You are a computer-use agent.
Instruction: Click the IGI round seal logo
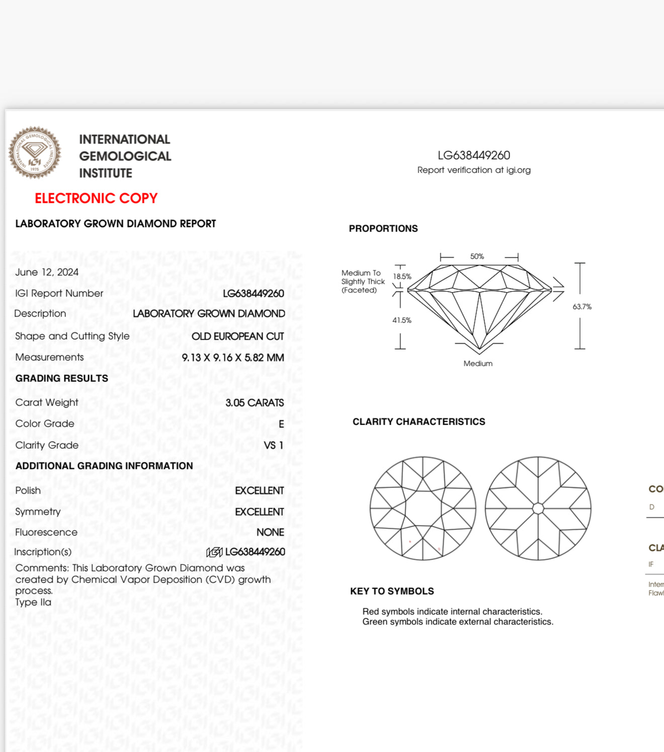35,152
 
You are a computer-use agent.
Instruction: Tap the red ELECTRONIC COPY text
96,198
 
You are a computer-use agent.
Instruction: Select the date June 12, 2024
47,272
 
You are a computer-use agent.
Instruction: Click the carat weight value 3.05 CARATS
255,403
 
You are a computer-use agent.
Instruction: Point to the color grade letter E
281,424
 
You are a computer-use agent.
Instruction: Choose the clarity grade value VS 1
274,446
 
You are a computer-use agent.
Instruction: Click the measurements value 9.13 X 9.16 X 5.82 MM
233,358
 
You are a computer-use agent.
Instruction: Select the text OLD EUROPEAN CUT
237,337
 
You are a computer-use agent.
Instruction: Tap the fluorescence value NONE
270,532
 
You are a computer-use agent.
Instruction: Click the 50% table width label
477,257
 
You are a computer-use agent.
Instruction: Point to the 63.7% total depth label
582,307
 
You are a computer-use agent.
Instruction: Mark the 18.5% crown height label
402,277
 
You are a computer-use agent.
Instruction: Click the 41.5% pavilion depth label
402,320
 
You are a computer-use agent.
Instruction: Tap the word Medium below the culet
478,364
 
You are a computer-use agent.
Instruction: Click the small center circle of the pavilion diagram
538,509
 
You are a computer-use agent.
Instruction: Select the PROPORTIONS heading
383,229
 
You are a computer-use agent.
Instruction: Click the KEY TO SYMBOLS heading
392,592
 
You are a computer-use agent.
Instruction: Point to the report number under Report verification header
474,155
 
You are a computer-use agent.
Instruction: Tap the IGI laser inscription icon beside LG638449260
214,552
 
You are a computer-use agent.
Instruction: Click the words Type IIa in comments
33,603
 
